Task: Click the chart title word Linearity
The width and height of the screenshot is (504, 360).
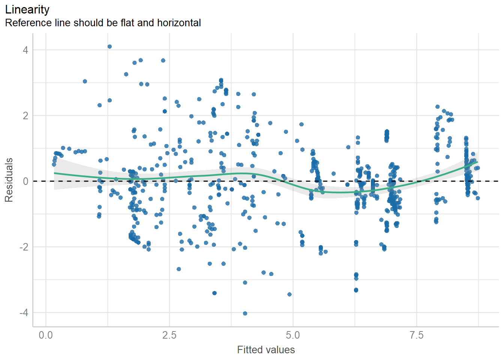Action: click(x=27, y=9)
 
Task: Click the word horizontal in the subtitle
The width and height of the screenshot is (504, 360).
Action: click(x=179, y=23)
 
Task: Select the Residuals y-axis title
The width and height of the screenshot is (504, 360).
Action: click(x=9, y=180)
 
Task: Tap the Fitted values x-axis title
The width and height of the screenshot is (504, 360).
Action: click(x=266, y=350)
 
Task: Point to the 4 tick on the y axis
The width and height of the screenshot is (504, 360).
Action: click(x=25, y=50)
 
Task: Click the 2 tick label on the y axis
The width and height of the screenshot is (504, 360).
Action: click(x=25, y=115)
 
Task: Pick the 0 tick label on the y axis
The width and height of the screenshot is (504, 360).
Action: click(x=25, y=181)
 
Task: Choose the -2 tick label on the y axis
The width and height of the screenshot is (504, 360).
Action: click(x=24, y=247)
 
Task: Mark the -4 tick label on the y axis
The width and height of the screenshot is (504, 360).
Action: click(x=24, y=312)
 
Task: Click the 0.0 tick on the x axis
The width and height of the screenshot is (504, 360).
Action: click(x=46, y=335)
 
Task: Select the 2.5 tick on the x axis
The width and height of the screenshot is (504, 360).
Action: click(x=169, y=335)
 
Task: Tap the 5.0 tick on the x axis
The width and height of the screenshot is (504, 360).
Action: click(x=293, y=335)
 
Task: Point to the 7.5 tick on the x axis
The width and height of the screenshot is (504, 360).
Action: click(x=417, y=335)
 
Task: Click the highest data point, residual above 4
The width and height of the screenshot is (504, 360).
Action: click(x=109, y=46)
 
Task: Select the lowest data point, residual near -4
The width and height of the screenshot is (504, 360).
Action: click(x=245, y=313)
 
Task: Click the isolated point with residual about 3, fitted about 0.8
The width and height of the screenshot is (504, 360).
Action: click(x=85, y=81)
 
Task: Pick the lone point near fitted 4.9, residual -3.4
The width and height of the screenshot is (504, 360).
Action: click(x=289, y=294)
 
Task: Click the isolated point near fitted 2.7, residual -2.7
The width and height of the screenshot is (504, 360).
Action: click(x=179, y=269)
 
